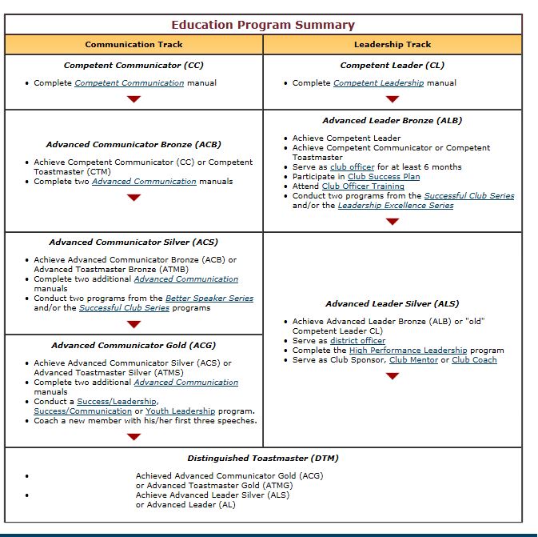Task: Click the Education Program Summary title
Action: pyautogui.click(x=263, y=25)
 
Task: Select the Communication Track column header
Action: pyautogui.click(x=134, y=45)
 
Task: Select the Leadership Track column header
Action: pyautogui.click(x=392, y=45)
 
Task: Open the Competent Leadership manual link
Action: pyautogui.click(x=378, y=82)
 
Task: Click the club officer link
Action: pyautogui.click(x=352, y=166)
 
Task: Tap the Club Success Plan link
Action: pyautogui.click(x=384, y=176)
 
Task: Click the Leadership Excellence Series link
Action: pyautogui.click(x=395, y=205)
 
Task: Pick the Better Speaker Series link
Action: pyautogui.click(x=209, y=298)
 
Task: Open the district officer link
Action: pyautogui.click(x=357, y=340)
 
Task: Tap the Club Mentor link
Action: pyautogui.click(x=414, y=359)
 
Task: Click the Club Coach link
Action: pyautogui.click(x=474, y=359)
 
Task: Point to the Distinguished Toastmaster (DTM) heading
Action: pyautogui.click(x=263, y=459)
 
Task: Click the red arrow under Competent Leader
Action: pyautogui.click(x=392, y=99)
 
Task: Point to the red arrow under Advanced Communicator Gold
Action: pyautogui.click(x=134, y=436)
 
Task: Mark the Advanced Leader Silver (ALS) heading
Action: pyautogui.click(x=392, y=304)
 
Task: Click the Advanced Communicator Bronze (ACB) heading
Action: pyautogui.click(x=134, y=145)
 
